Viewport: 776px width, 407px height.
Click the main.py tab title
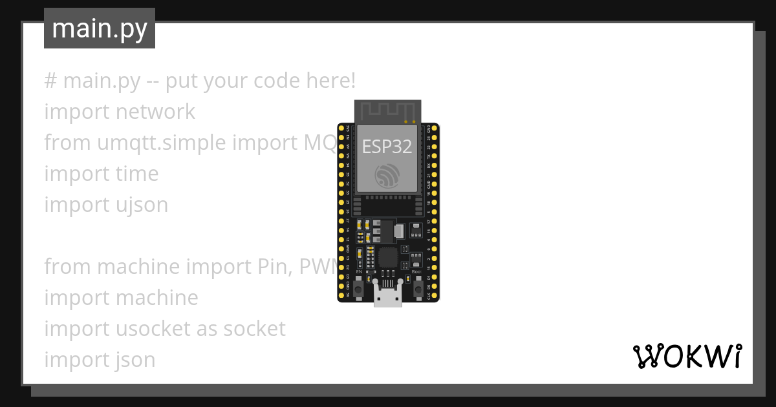[x=100, y=29]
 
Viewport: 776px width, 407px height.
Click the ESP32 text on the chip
[x=387, y=147]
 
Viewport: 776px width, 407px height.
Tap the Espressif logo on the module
[x=387, y=175]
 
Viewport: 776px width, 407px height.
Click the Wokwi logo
[x=687, y=356]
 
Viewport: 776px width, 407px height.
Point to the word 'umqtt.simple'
[x=149, y=143]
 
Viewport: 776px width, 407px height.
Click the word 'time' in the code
[x=137, y=174]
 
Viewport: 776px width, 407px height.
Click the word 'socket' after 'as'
[x=254, y=329]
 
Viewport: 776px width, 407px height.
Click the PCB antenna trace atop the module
[x=387, y=111]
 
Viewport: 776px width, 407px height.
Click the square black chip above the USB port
[x=388, y=257]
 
